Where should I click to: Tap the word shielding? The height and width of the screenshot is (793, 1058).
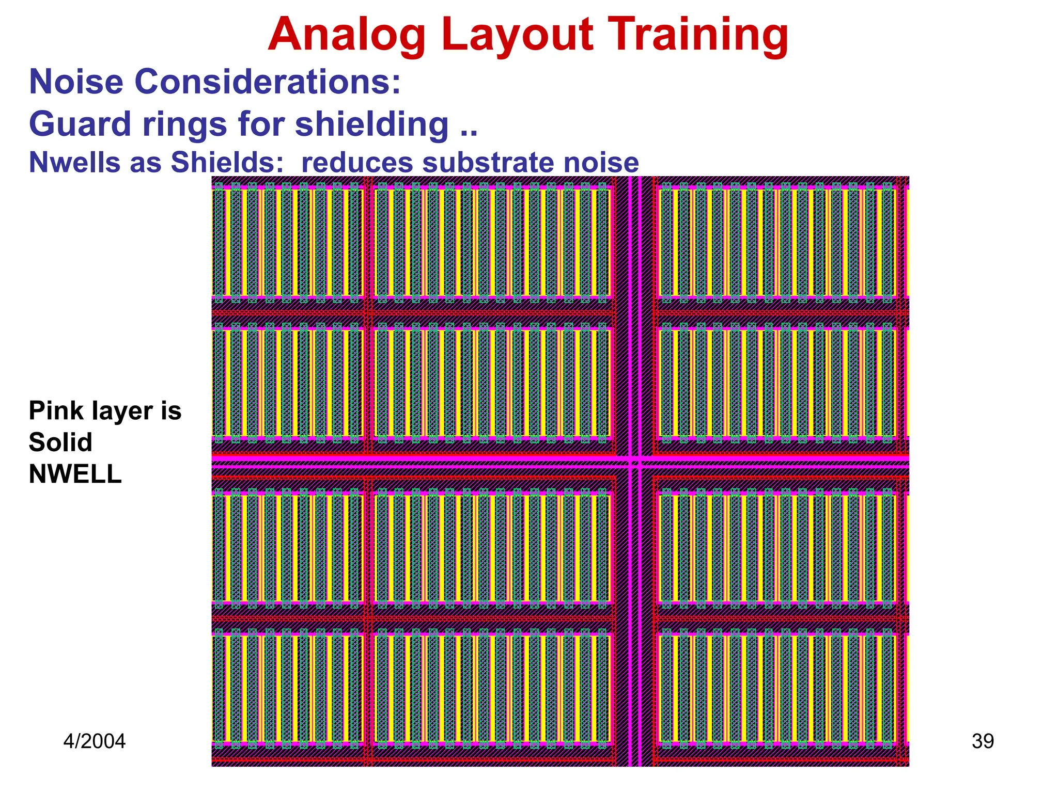pyautogui.click(x=372, y=124)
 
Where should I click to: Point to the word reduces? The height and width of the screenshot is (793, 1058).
pyautogui.click(x=356, y=162)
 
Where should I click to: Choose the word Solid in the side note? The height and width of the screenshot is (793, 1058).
pyautogui.click(x=60, y=442)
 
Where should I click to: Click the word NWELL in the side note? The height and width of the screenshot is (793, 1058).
pyautogui.click(x=75, y=474)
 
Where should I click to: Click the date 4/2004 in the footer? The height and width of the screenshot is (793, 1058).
pyautogui.click(x=95, y=741)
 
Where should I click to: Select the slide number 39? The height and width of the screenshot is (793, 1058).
pyautogui.click(x=983, y=741)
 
